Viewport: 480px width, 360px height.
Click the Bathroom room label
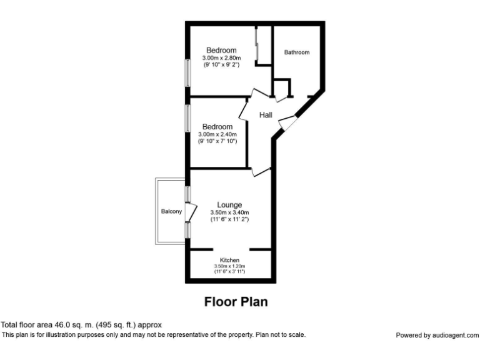(x=297, y=52)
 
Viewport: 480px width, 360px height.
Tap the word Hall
(x=266, y=114)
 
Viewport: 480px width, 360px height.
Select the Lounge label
(x=229, y=204)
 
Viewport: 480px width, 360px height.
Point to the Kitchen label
(x=229, y=260)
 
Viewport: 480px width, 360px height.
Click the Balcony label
(x=172, y=212)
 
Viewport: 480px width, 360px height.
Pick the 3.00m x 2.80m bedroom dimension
(x=221, y=57)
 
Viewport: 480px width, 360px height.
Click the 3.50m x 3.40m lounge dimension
(x=229, y=212)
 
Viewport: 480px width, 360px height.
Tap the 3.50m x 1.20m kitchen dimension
(x=229, y=266)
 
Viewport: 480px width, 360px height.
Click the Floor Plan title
(x=236, y=302)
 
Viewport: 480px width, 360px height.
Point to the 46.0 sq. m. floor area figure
(x=75, y=325)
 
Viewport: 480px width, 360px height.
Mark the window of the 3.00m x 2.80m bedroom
(x=186, y=72)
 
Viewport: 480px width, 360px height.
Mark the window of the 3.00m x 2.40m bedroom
(x=187, y=117)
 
